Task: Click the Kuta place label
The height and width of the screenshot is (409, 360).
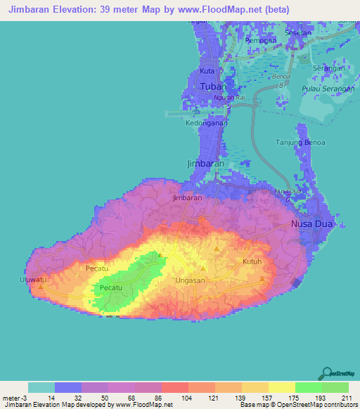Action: click(x=207, y=72)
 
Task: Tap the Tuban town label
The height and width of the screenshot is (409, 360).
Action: click(x=213, y=86)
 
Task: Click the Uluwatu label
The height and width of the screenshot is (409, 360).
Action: click(x=32, y=280)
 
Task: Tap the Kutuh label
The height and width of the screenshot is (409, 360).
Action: click(x=252, y=261)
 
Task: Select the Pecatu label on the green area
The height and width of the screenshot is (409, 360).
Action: click(x=112, y=288)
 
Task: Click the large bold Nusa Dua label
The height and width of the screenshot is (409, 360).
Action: click(x=314, y=224)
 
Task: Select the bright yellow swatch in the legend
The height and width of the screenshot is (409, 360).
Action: click(x=281, y=387)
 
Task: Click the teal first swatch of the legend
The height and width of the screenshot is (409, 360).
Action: click(x=41, y=387)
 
